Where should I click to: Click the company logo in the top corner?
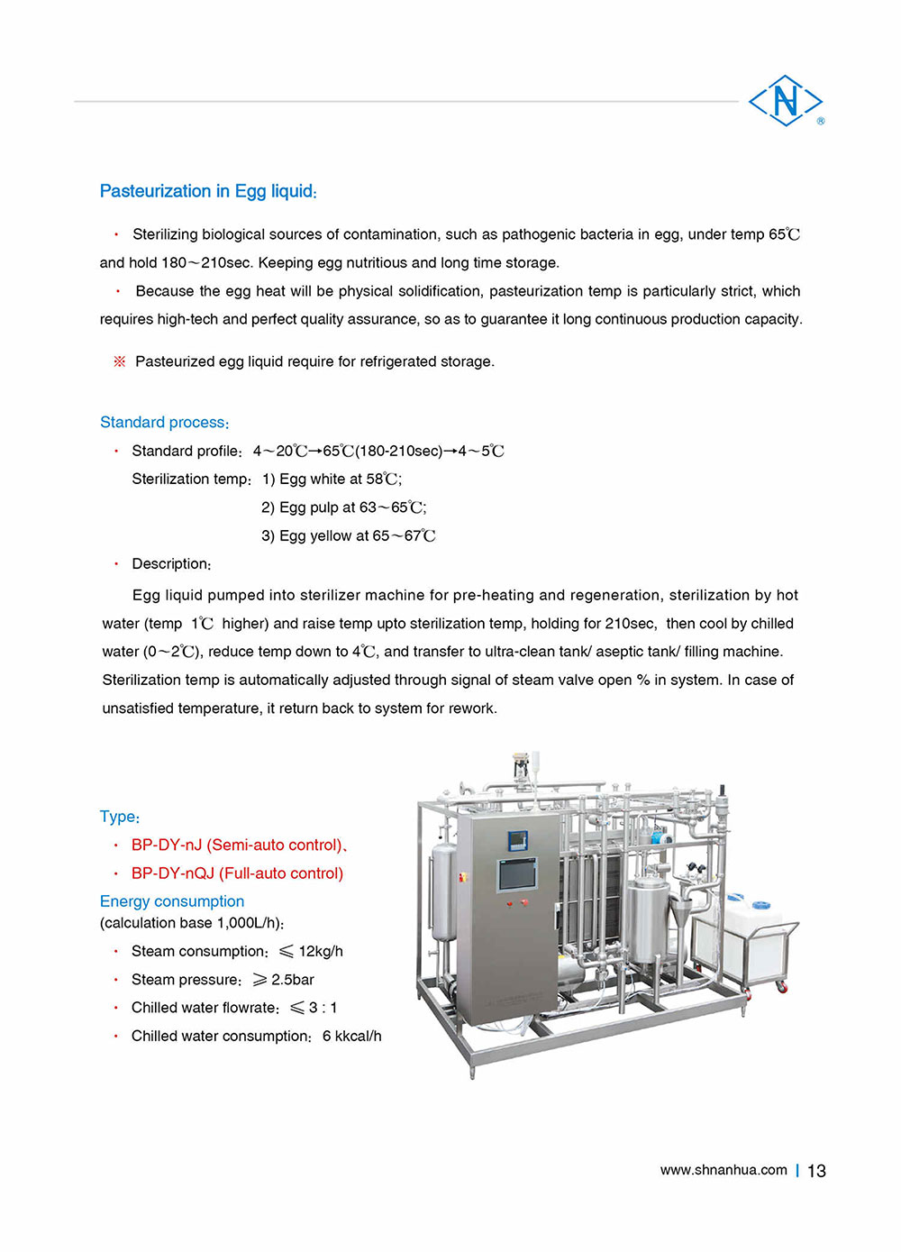point(786,101)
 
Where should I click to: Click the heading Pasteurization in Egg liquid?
point(208,191)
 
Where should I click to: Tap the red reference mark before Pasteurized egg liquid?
point(119,361)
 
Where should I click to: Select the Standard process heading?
point(164,422)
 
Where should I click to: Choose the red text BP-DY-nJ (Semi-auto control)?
point(238,845)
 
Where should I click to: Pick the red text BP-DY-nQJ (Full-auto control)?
point(237,873)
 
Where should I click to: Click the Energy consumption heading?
point(172,900)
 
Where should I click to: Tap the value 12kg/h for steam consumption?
point(321,951)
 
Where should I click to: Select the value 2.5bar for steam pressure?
point(292,979)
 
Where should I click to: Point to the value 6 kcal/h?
point(351,1036)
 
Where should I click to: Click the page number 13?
point(816,1170)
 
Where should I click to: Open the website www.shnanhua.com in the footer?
point(724,1170)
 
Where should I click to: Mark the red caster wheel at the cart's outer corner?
point(781,987)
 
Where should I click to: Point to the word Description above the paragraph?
point(171,563)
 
